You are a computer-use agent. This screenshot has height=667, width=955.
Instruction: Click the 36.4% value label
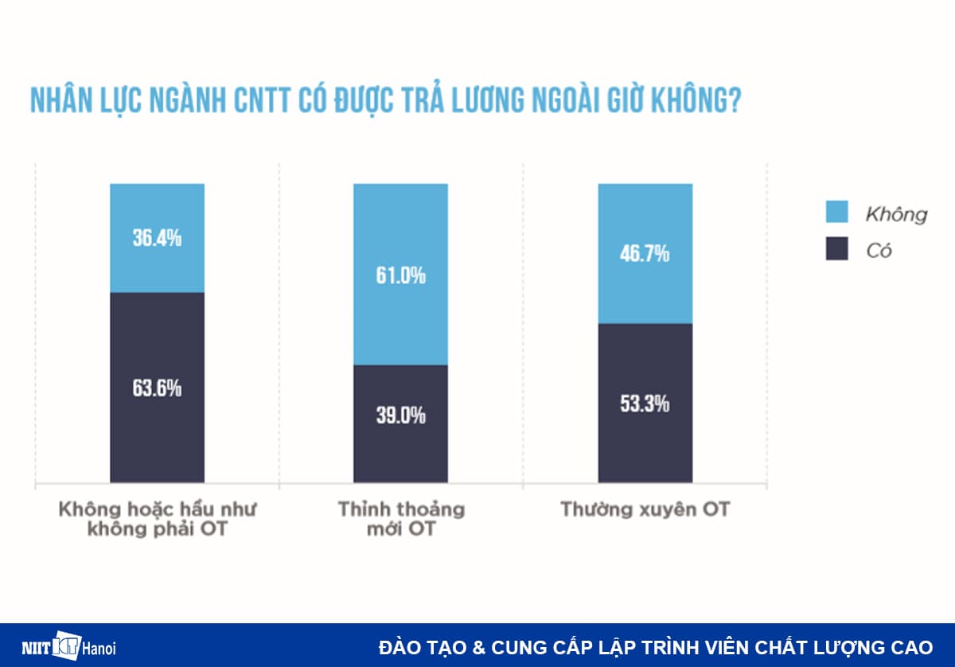157,238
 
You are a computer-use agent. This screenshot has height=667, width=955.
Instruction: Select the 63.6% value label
157,388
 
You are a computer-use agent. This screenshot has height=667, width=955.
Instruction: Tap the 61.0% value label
401,276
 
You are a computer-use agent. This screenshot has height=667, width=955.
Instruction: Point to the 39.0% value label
401,415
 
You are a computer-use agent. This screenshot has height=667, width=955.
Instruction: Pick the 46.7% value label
645,255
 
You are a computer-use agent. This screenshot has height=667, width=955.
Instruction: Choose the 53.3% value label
645,404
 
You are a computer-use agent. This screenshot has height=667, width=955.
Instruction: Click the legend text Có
879,251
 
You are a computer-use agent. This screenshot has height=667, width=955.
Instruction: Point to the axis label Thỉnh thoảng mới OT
401,518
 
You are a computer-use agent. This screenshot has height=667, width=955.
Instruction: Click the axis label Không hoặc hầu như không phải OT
157,518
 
